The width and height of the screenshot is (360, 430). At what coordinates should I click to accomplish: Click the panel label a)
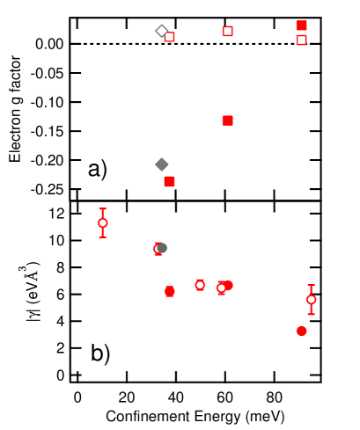(x=98, y=168)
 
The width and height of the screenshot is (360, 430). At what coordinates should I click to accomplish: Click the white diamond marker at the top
(x=161, y=31)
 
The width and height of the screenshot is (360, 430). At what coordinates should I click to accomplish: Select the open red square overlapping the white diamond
(x=170, y=37)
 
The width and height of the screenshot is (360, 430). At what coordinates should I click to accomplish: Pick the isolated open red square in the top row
(x=228, y=31)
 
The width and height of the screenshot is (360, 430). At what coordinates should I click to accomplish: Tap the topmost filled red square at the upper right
(x=302, y=26)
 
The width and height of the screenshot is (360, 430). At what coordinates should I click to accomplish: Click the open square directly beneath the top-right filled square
(x=302, y=40)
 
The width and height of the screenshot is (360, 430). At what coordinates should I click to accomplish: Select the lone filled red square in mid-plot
(x=228, y=120)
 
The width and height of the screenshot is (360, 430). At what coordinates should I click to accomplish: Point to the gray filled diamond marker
(x=162, y=164)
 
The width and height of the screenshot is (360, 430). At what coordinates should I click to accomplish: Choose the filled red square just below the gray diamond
(x=170, y=181)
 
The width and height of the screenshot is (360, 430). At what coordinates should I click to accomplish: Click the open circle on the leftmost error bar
(x=103, y=222)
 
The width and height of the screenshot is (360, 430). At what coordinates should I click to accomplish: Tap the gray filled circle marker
(x=163, y=248)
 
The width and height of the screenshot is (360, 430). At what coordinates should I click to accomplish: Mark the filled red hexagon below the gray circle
(x=170, y=291)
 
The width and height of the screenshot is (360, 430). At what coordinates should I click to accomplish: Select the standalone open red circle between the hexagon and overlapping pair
(x=200, y=285)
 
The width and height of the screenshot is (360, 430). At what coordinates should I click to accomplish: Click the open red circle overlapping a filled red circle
(x=221, y=288)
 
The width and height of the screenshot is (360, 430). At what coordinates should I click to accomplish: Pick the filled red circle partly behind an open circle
(x=229, y=285)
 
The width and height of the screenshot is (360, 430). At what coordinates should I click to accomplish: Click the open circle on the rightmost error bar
(x=311, y=300)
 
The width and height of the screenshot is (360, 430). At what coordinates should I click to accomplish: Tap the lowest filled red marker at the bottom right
(x=302, y=331)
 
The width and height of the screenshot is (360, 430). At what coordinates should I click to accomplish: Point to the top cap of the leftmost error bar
(x=103, y=209)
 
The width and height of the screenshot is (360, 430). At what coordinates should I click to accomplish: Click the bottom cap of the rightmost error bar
(x=311, y=314)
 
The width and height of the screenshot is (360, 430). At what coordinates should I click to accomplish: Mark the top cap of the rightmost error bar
(x=311, y=286)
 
